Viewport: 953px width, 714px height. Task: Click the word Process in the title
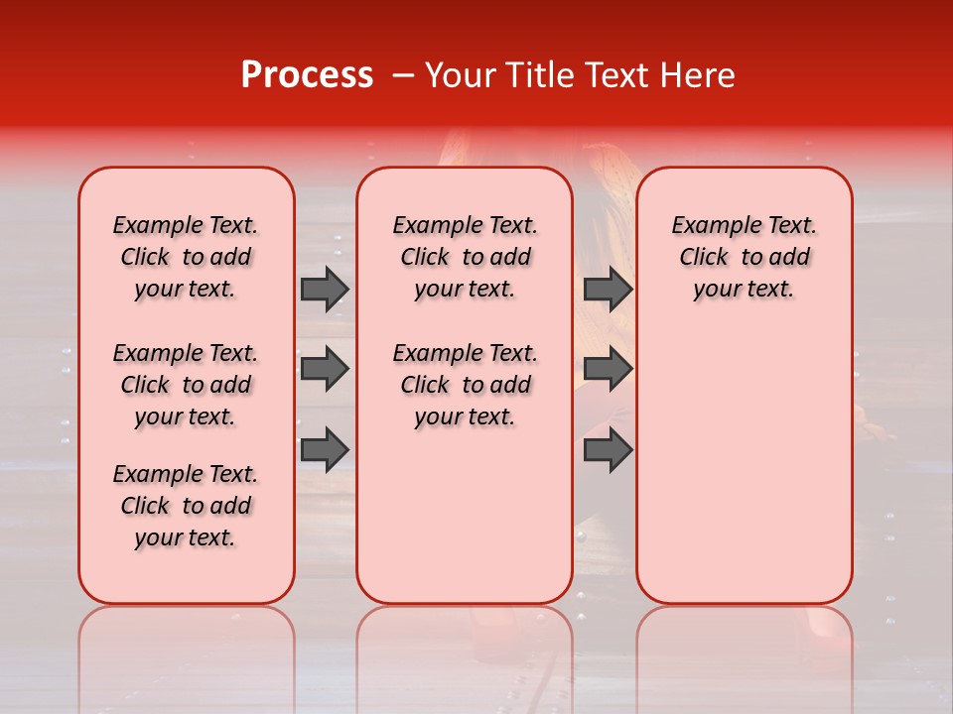coord(307,75)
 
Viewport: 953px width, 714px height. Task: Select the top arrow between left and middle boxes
coord(325,289)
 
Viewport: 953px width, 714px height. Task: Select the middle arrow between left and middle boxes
coord(325,369)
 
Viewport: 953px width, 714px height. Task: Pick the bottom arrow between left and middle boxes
coord(325,449)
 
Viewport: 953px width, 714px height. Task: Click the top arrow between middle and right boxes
coord(608,289)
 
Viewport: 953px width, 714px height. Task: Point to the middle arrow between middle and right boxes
coord(608,369)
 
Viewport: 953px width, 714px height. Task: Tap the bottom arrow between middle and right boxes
coord(608,449)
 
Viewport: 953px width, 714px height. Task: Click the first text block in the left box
coord(186,257)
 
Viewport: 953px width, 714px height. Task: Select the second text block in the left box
coord(186,385)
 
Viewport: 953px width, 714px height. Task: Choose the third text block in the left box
coord(186,506)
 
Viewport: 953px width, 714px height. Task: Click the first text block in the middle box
coord(465,257)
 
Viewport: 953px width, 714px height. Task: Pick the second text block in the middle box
coord(465,385)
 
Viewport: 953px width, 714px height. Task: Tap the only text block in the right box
coord(744,257)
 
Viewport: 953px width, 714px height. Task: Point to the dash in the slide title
coord(403,76)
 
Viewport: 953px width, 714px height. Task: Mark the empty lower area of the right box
coord(744,466)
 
